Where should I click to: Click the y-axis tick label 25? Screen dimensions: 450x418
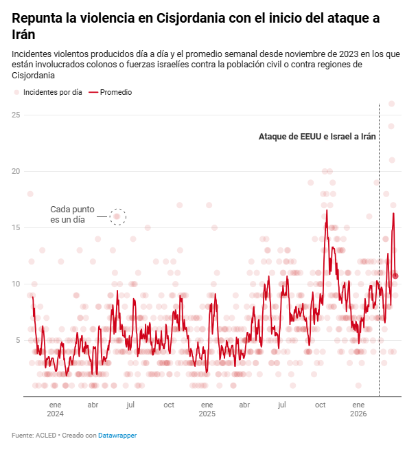coord(15,115)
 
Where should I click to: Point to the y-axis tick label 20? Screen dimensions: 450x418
coord(15,171)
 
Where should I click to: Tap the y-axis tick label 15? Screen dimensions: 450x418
coord(15,227)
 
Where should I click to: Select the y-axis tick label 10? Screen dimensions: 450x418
coord(15,284)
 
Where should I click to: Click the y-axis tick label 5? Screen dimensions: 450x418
coord(17,340)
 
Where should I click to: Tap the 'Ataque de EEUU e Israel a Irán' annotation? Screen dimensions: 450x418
coord(317,137)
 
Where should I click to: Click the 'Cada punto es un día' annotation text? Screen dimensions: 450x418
coord(72,214)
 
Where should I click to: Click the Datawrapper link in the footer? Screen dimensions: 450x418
coord(117,436)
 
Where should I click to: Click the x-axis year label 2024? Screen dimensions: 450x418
coord(55,414)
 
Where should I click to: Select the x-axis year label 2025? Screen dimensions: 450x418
coord(207,414)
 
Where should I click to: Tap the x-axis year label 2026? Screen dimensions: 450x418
coord(358,414)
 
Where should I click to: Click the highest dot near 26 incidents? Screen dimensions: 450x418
coord(392,104)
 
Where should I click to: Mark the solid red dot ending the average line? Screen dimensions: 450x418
coord(395,276)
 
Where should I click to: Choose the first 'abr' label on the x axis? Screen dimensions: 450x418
coord(93,405)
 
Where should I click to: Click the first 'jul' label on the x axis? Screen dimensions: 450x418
coord(130,405)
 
